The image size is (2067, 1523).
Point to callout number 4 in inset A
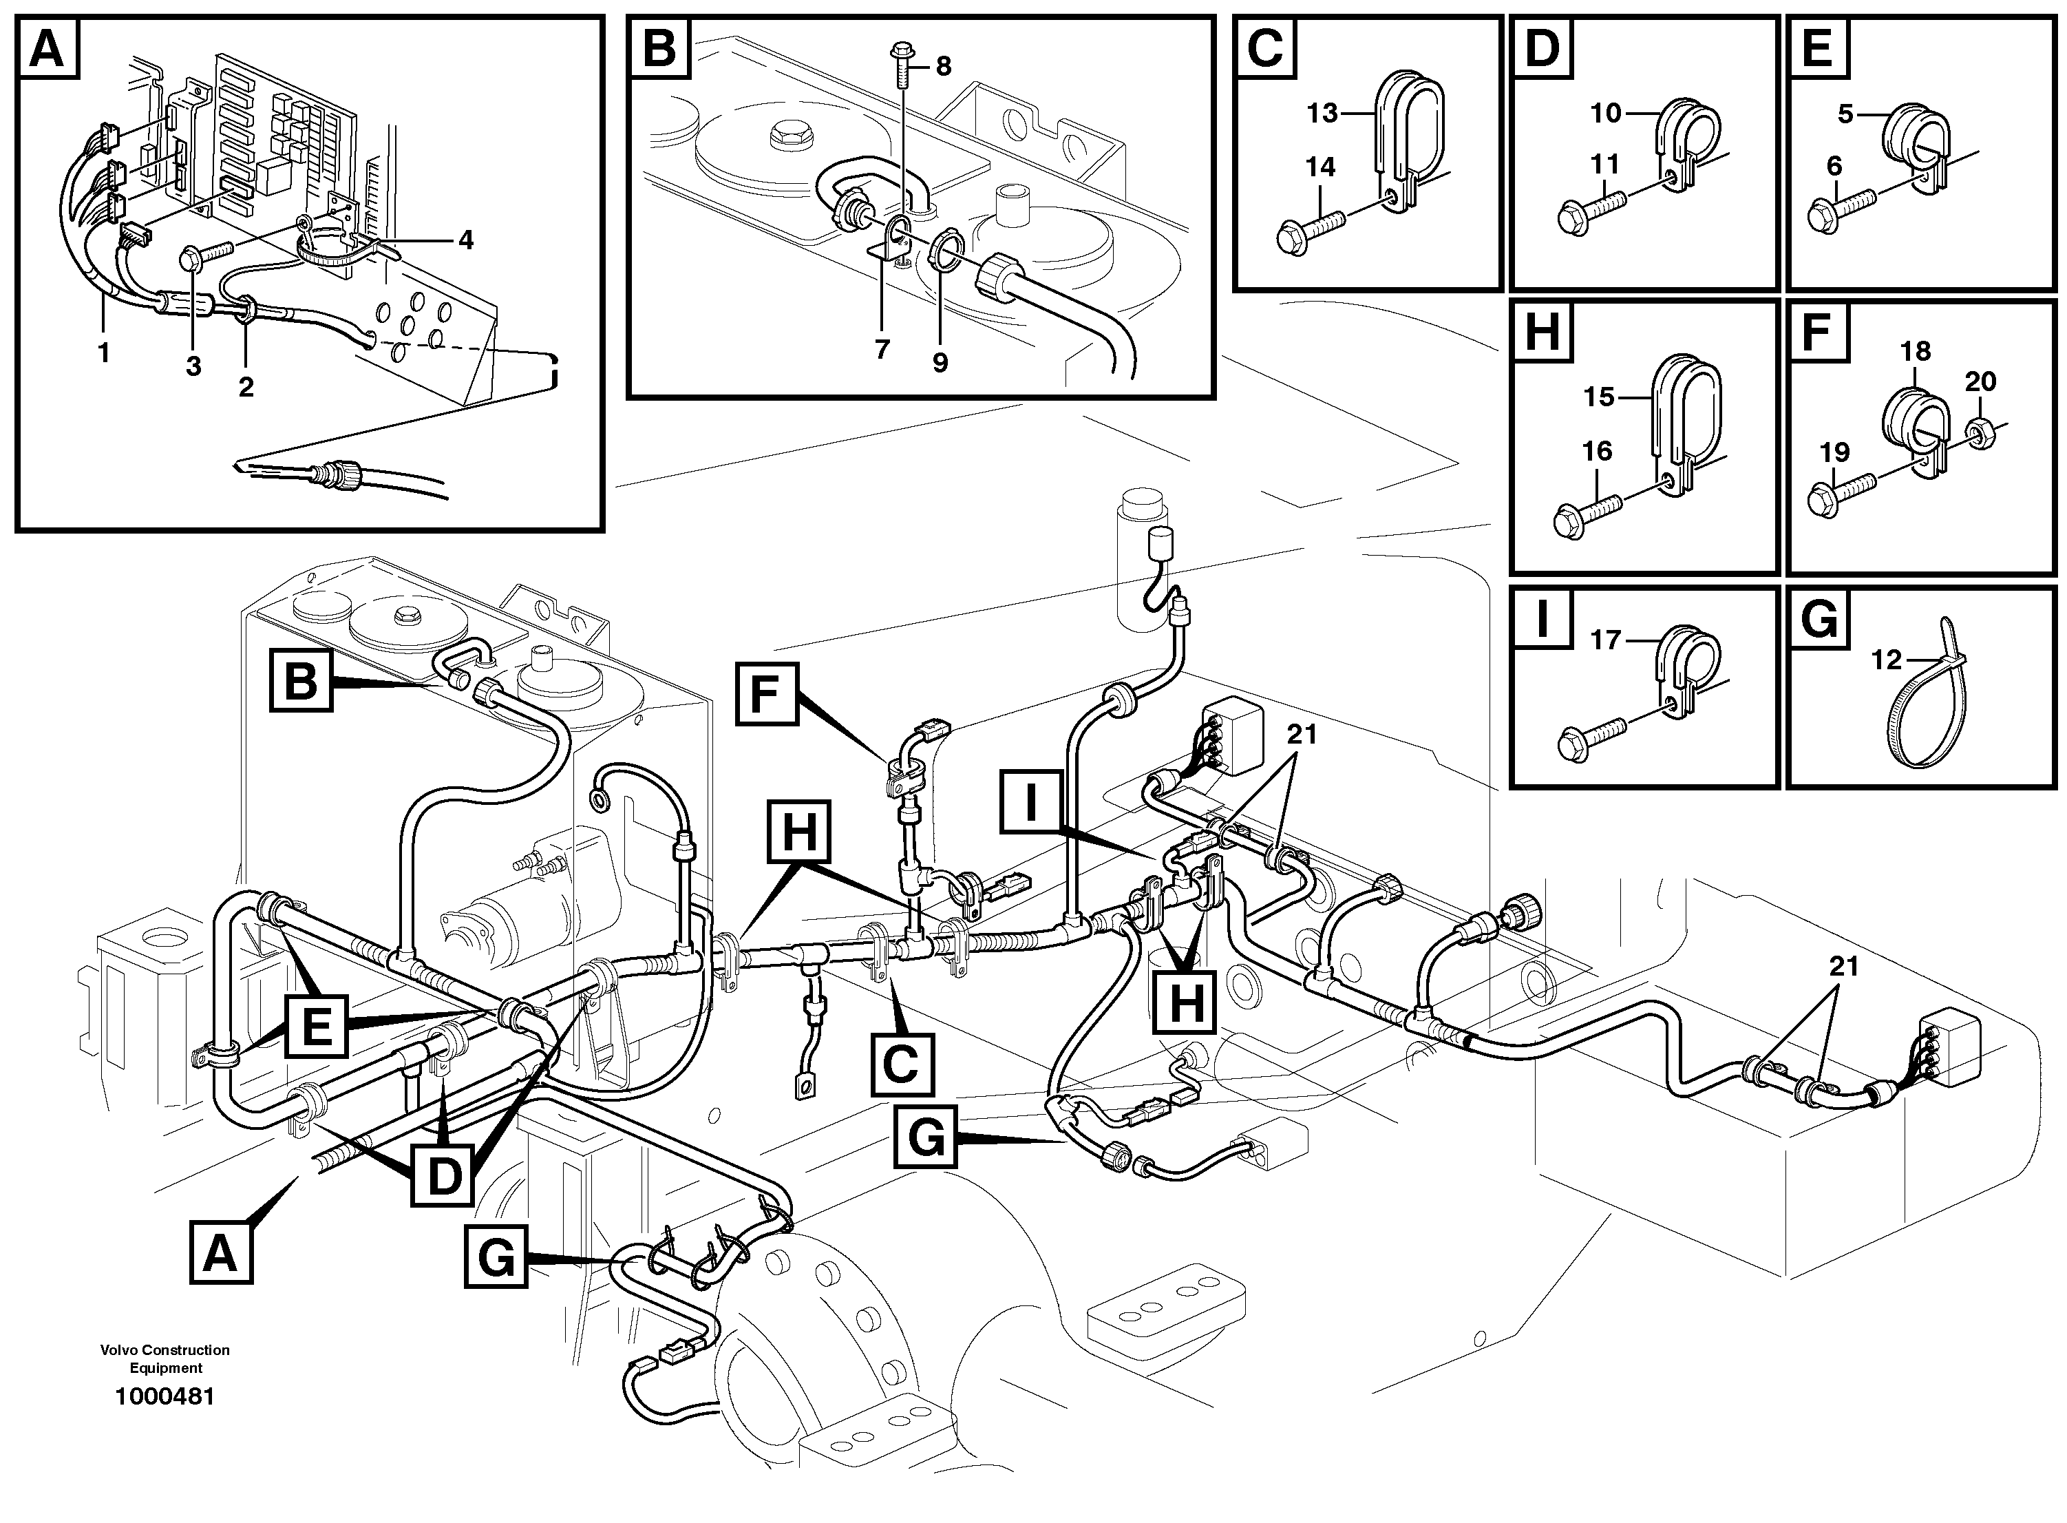tap(465, 240)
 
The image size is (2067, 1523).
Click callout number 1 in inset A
tap(103, 352)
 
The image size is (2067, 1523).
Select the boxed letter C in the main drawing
tap(900, 1064)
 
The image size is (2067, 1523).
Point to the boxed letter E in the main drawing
tap(316, 1025)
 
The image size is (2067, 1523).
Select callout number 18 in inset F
tap(1914, 351)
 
